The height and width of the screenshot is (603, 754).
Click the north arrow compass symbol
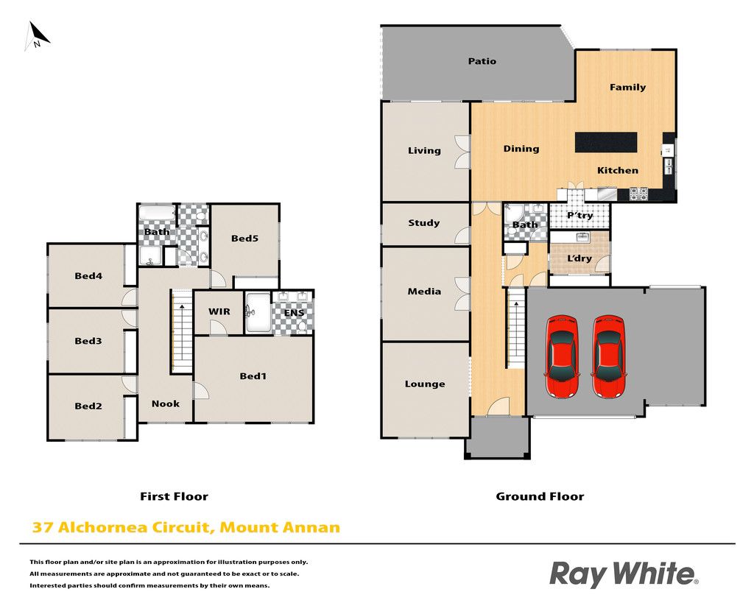[x=37, y=35]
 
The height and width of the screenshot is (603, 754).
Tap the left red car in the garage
[x=562, y=356]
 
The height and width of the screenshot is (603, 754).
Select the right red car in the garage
[x=608, y=356]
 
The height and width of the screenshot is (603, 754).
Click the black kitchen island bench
[x=606, y=142]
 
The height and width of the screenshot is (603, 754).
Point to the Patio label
[x=482, y=61]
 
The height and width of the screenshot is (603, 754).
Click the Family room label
[x=627, y=87]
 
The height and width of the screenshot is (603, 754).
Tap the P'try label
[x=579, y=216]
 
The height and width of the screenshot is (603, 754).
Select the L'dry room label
[x=579, y=258]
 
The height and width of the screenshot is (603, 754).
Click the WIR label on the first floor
[x=219, y=311]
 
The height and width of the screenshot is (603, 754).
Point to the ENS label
[x=294, y=313]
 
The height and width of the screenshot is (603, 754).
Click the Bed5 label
[x=244, y=238]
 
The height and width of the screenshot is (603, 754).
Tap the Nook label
[x=166, y=404]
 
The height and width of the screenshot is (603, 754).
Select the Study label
[x=423, y=222]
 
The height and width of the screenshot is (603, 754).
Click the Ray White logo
[x=624, y=574]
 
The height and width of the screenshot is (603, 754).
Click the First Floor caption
[x=174, y=496]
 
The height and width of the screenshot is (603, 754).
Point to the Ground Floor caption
[x=540, y=496]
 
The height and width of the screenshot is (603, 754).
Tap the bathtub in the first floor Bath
[x=158, y=212]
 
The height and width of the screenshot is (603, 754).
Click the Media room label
[x=424, y=292]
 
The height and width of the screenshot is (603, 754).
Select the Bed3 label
[x=88, y=341]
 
